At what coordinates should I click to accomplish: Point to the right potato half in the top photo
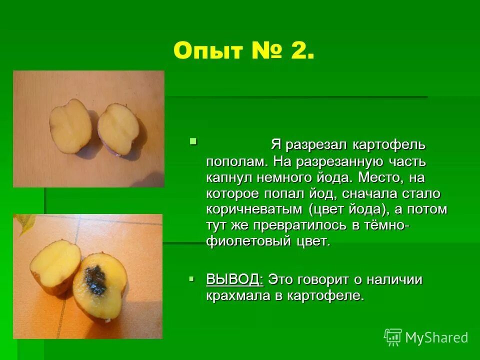pos(121,129)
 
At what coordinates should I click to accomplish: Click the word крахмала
pos(237,295)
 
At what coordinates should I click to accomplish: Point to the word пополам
pos(232,161)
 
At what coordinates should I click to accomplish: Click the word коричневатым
pos(254,209)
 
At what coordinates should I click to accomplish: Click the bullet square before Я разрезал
pos(193,142)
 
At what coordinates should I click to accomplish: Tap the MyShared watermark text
pos(436,337)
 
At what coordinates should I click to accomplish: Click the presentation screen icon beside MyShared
pos(393,337)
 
